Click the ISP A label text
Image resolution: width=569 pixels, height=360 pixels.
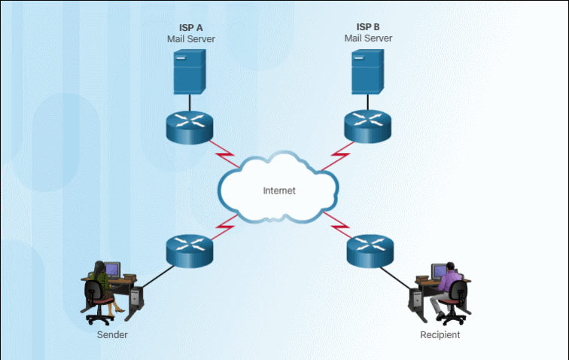190,27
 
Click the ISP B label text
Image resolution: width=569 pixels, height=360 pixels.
368,27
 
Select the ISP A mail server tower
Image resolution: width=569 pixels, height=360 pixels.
190,71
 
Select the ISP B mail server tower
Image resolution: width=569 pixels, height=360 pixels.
368,71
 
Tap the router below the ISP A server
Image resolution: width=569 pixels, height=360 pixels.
190,124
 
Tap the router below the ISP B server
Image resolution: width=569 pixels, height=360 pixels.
368,124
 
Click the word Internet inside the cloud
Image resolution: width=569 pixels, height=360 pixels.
279,191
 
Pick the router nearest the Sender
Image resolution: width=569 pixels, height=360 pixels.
190,248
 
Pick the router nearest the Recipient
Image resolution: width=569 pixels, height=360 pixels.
370,249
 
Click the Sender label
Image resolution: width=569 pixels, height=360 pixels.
112,334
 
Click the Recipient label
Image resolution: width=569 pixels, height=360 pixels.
440,334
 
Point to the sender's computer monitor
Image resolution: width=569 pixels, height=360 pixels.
112,269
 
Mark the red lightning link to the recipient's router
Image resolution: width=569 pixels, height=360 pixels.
336,224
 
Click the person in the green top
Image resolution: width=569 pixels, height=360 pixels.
99,285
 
